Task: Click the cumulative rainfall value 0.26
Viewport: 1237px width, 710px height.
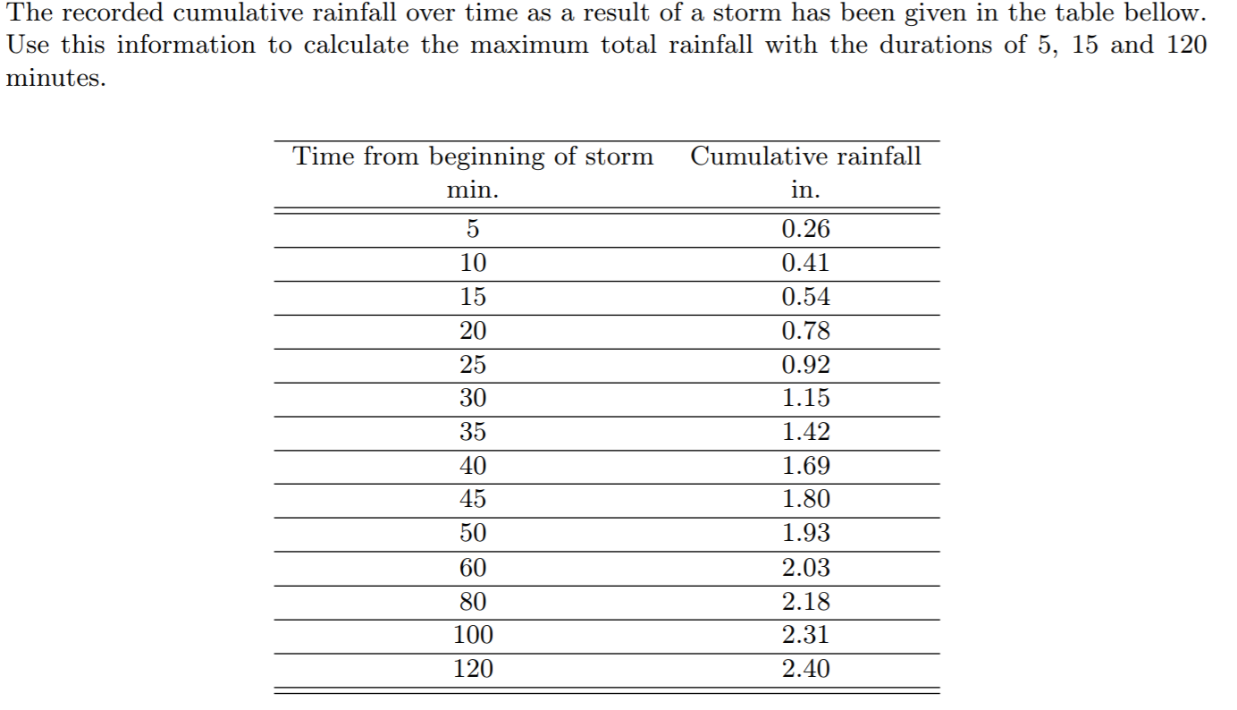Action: coord(805,229)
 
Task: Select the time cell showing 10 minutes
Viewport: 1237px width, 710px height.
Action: coord(473,263)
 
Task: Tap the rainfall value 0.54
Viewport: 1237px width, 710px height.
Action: coord(805,297)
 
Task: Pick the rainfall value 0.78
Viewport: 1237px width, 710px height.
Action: coord(805,331)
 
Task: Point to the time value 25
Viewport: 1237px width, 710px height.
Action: coord(473,365)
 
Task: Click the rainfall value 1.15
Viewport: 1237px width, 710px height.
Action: coord(805,398)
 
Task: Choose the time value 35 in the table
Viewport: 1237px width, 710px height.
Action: coord(473,432)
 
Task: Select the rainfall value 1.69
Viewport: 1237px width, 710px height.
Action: coord(805,466)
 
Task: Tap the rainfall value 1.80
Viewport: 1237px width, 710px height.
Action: coord(805,499)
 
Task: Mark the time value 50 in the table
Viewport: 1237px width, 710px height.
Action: coord(473,533)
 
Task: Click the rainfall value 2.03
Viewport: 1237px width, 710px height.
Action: coord(805,567)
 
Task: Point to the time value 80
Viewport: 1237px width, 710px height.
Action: coord(473,601)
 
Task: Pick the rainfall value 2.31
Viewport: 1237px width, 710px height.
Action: coord(805,635)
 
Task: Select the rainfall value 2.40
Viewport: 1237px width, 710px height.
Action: coord(805,668)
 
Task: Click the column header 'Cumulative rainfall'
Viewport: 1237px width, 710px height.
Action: coord(805,156)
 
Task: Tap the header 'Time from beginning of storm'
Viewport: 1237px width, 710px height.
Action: coord(474,156)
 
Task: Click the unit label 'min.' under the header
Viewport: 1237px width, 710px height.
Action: coord(473,190)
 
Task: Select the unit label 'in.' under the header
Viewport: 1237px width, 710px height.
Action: coord(805,190)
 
